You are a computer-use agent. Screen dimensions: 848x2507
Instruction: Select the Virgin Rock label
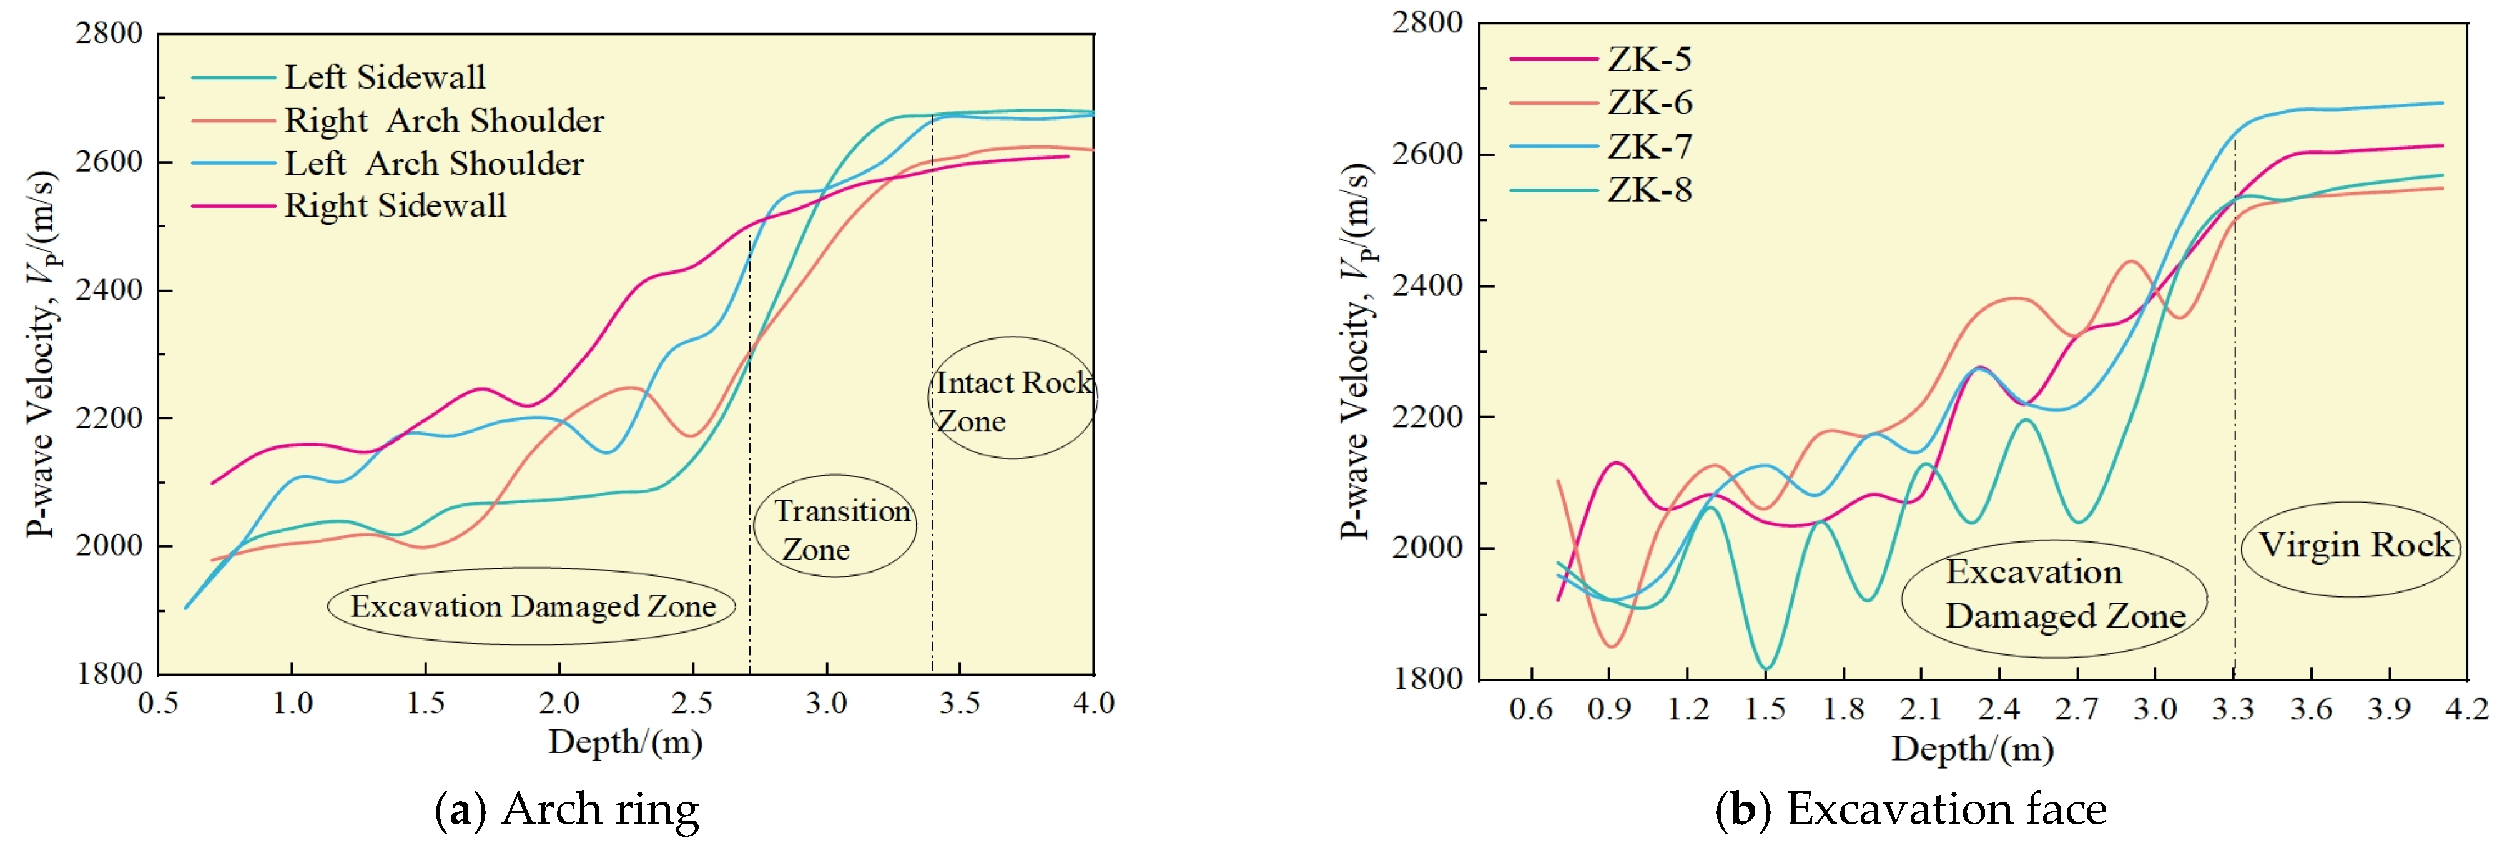pyautogui.click(x=2353, y=545)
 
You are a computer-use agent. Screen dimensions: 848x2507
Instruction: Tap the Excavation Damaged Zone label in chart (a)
pyautogui.click(x=533, y=606)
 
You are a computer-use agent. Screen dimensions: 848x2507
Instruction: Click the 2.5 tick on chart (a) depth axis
pyautogui.click(x=692, y=703)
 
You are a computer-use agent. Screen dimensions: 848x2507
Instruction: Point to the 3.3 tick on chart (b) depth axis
pyautogui.click(x=2232, y=709)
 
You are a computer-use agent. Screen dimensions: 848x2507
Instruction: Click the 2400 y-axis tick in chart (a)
pyautogui.click(x=109, y=290)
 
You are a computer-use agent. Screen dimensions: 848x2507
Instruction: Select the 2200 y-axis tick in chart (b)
pyautogui.click(x=1427, y=417)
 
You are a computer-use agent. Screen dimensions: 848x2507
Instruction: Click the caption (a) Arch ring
pyautogui.click(x=568, y=810)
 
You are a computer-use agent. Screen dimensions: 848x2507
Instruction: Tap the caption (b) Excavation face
pyautogui.click(x=1911, y=810)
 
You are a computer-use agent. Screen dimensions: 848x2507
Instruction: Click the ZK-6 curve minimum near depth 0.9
pyautogui.click(x=1612, y=646)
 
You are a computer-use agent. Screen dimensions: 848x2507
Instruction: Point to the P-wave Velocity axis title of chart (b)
pyautogui.click(x=1355, y=350)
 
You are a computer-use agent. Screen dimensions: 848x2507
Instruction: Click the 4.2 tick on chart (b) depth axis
pyautogui.click(x=2466, y=709)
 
